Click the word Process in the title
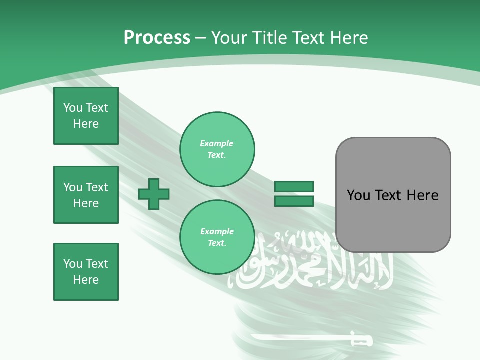[x=157, y=38]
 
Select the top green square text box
[x=86, y=116]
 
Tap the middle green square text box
[x=86, y=195]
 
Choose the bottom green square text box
[x=86, y=272]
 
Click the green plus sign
[x=154, y=194]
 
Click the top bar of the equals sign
[x=294, y=186]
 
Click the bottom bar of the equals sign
[x=294, y=201]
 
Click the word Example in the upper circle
[x=216, y=143]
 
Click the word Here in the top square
[x=86, y=124]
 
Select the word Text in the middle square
[x=96, y=187]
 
